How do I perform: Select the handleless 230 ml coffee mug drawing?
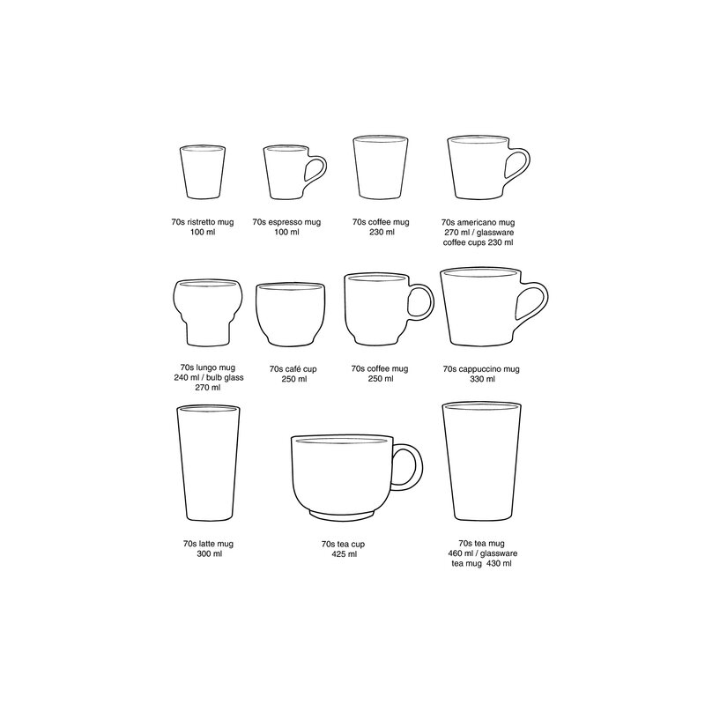pos(380,169)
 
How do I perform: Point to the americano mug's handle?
pos(519,167)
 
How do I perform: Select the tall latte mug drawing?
pos(208,464)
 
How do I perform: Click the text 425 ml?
pos(345,554)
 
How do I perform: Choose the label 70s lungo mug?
pos(210,367)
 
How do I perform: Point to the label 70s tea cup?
pos(345,544)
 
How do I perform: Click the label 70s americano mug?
pos(479,223)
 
